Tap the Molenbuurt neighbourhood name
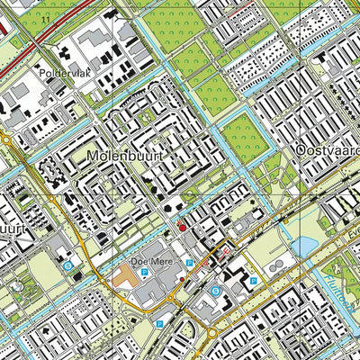point(125,157)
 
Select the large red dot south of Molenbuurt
point(182,228)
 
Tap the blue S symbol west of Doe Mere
point(67,265)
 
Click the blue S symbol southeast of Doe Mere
point(215,292)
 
